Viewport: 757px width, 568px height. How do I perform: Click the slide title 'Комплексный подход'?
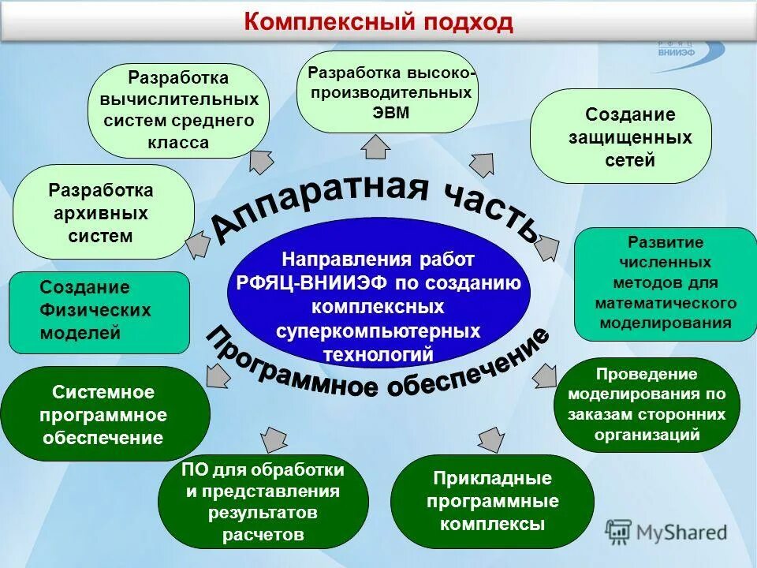pyautogui.click(x=378, y=21)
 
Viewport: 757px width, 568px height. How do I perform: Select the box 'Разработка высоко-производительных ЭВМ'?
pyautogui.click(x=387, y=92)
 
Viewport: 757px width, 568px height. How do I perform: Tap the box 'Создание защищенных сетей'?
pyautogui.click(x=621, y=136)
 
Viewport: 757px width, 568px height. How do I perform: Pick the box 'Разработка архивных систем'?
pyautogui.click(x=103, y=212)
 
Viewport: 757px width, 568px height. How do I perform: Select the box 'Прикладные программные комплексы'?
pyautogui.click(x=492, y=502)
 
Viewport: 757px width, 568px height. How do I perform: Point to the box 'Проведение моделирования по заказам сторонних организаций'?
pyautogui.click(x=647, y=405)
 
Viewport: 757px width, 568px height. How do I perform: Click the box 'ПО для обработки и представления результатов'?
pyautogui.click(x=263, y=503)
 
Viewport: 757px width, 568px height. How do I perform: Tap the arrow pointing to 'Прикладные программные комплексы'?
pyautogui.click(x=490, y=439)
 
